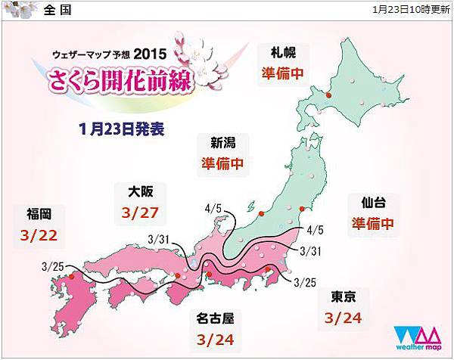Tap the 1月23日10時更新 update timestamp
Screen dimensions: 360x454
click(412, 11)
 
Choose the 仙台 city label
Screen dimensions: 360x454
click(366, 203)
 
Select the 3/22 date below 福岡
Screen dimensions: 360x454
click(41, 236)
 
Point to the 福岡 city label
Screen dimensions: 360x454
click(41, 213)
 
